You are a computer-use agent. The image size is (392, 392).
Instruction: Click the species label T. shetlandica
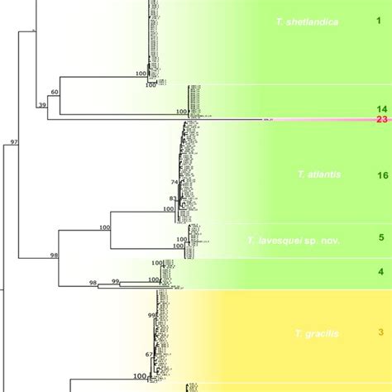click(x=308, y=22)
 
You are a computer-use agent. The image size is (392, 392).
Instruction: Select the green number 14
click(x=381, y=109)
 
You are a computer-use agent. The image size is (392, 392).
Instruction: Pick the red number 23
click(x=381, y=120)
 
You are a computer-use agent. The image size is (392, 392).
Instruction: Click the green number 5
click(x=381, y=238)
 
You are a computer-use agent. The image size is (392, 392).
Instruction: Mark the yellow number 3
click(x=381, y=332)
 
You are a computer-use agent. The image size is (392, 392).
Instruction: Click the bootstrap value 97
click(x=13, y=143)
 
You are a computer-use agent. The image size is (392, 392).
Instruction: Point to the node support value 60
click(x=55, y=91)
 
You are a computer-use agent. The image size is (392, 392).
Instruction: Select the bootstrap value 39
click(x=41, y=105)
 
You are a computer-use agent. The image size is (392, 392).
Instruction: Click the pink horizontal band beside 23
click(x=331, y=121)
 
